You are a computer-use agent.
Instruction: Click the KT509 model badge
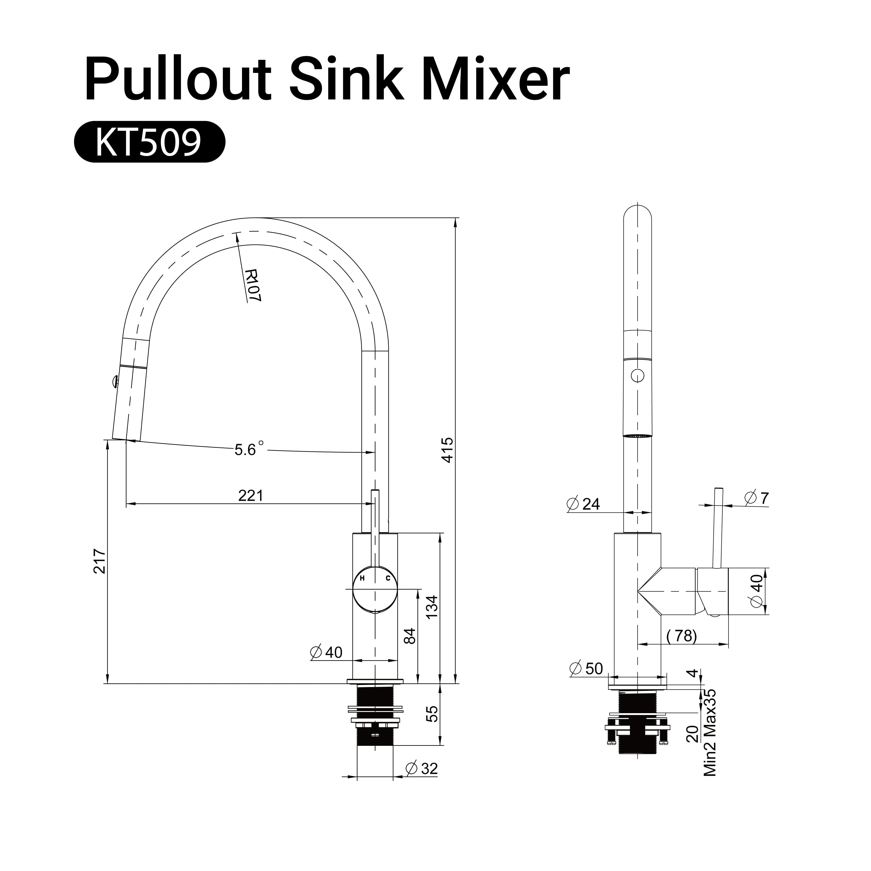pos(149,142)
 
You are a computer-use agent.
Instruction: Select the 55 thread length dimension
pos(432,714)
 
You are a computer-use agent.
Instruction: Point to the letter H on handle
pos(362,578)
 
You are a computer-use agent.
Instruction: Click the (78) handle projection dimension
pos(682,636)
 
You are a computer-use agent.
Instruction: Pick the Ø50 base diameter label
pos(586,668)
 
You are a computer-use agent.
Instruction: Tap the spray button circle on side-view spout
pos(637,375)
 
